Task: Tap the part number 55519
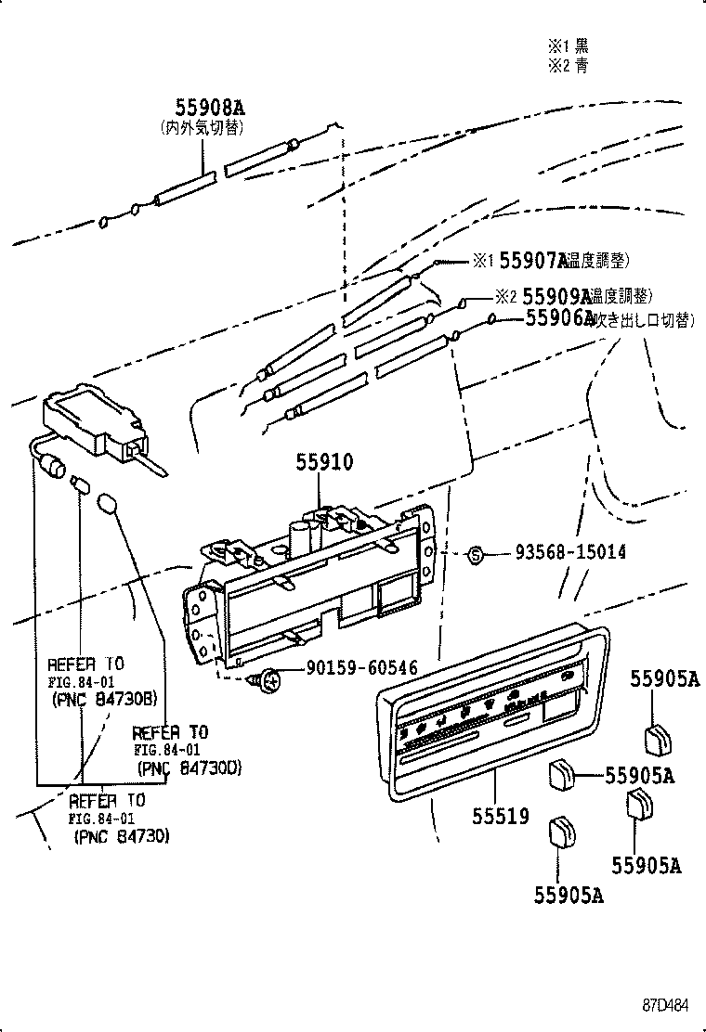coord(500,816)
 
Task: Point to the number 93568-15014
coord(570,553)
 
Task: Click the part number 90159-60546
coord(361,668)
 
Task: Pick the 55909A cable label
coord(556,296)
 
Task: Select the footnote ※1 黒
coord(567,45)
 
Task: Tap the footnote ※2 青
coord(567,65)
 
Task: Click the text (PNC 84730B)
coord(103,700)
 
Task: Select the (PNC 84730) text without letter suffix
coord(121,836)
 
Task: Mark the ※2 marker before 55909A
coord(504,297)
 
